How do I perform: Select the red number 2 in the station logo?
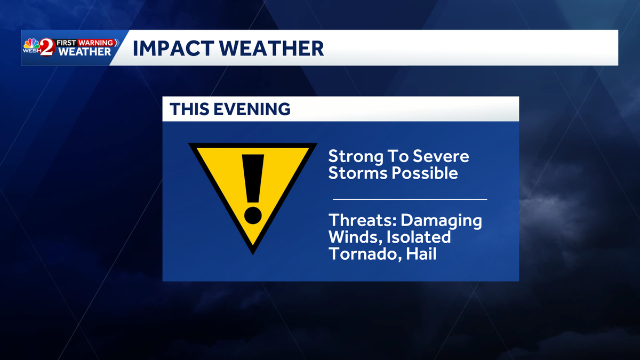pos(47,47)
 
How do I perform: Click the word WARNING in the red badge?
pos(96,42)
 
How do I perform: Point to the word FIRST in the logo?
pos(67,42)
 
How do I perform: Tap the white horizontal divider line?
pos(410,199)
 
